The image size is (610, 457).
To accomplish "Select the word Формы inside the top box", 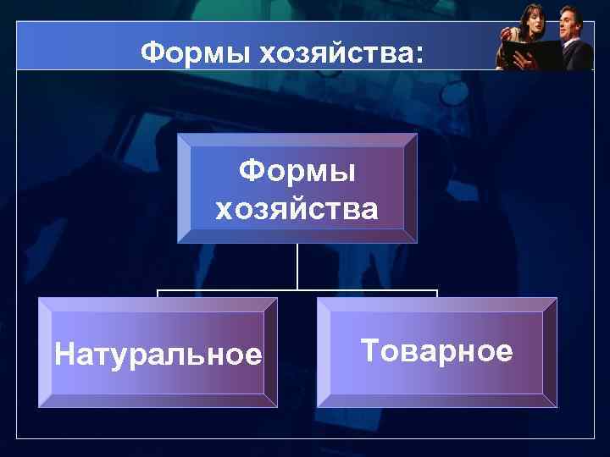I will tap(297, 172).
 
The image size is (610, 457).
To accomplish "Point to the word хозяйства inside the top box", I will tap(297, 208).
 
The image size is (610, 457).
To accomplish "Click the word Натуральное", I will tap(158, 355).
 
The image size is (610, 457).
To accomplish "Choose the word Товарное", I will tap(436, 350).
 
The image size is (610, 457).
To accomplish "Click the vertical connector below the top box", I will tap(297, 266).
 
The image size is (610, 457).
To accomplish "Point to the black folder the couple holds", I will tap(530, 53).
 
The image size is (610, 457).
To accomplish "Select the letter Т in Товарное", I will tap(369, 350).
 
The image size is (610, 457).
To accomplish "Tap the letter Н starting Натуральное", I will tap(63, 355).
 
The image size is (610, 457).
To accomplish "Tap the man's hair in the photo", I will tap(566, 9).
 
